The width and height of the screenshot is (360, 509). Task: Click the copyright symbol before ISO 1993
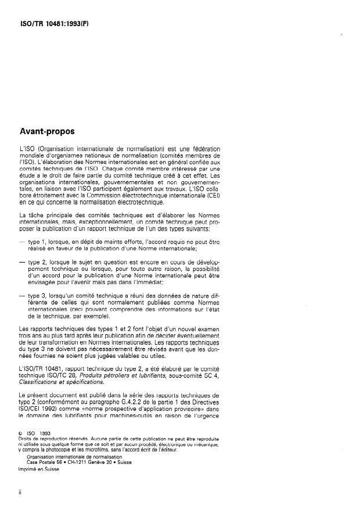pos(21,432)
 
